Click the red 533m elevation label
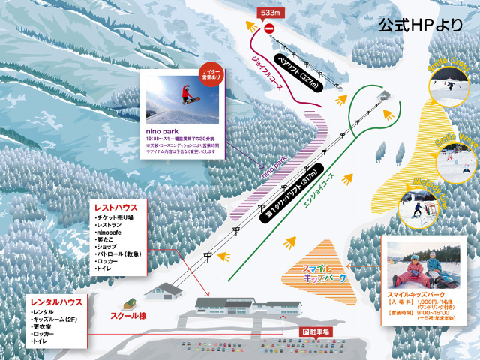[268, 13]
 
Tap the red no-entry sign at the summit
[269, 28]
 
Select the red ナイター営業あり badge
[210, 72]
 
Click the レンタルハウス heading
[55, 301]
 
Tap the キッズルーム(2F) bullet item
[62, 319]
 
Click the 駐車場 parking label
[318, 331]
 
